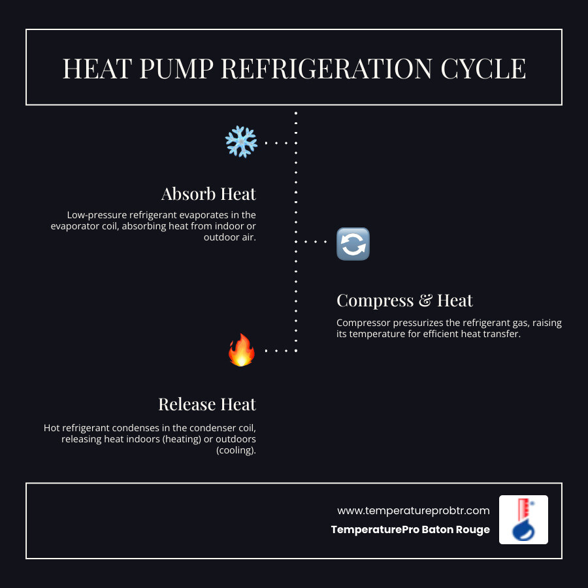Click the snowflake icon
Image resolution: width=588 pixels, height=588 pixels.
241,142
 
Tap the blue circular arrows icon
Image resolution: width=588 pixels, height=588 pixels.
353,244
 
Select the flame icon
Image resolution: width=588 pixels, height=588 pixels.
241,350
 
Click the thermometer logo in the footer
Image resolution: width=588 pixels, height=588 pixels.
523,519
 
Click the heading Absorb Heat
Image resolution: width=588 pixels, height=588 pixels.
208,194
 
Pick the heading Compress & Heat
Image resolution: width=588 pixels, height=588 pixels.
404,301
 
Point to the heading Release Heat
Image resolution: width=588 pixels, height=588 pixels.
207,404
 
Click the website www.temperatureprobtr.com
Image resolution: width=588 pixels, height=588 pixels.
413,510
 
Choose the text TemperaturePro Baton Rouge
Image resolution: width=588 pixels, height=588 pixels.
410,529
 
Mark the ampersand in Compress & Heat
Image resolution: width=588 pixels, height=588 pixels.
425,301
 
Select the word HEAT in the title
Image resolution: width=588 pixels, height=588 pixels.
91,69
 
